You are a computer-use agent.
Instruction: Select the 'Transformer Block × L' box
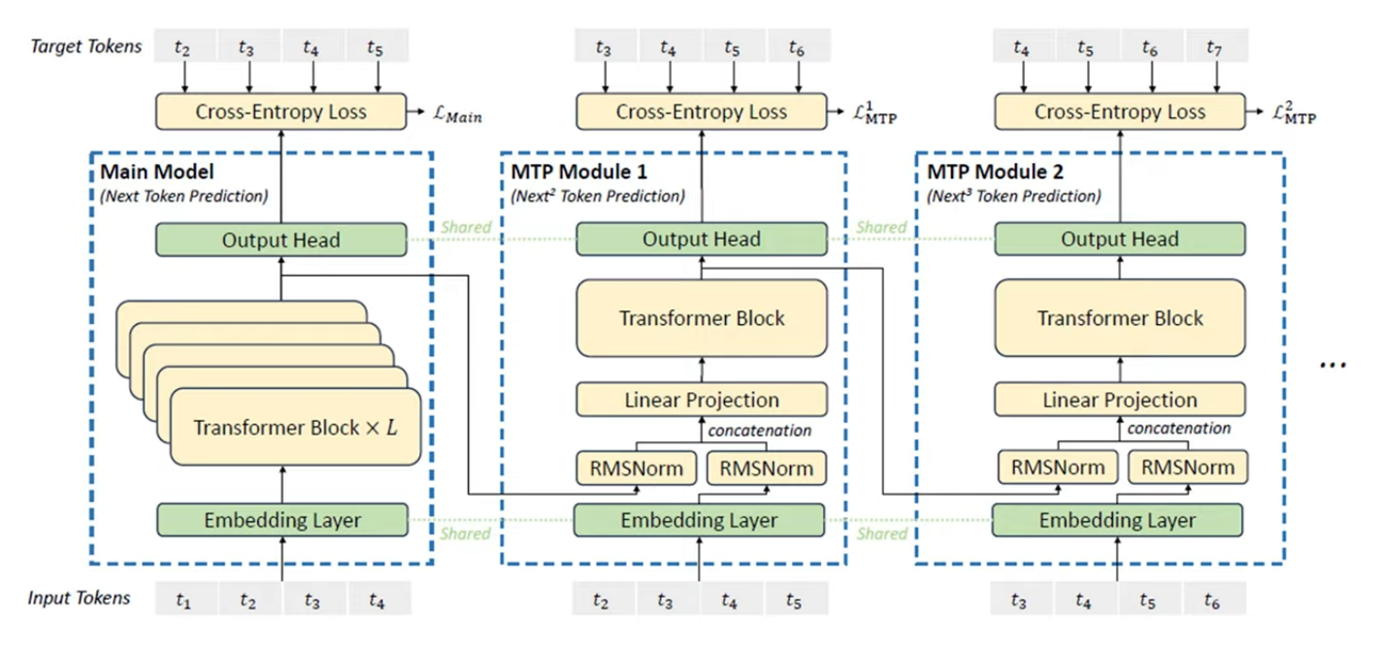(295, 427)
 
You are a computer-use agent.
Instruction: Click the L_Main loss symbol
(457, 114)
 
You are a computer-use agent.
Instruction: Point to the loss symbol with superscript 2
(1294, 114)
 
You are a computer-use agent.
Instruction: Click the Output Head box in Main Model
(281, 240)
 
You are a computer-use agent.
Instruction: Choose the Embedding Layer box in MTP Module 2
(1117, 520)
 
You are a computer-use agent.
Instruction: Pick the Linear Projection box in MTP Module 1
(702, 400)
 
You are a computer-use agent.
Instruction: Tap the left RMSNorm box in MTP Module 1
(637, 469)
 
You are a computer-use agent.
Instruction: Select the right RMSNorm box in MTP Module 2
(1188, 468)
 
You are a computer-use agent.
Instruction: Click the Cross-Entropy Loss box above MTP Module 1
(702, 112)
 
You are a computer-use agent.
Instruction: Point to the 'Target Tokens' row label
(85, 47)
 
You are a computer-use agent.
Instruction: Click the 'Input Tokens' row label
(79, 598)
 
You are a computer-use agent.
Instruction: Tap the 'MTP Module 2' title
(995, 172)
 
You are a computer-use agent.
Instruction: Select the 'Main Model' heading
(157, 172)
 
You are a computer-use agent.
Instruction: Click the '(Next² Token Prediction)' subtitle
(598, 196)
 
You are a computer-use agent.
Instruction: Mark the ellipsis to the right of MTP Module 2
(1332, 366)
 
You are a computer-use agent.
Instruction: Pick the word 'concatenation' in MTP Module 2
(1179, 429)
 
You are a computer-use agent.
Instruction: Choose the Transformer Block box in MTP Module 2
(1120, 318)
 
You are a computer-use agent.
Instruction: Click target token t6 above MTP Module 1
(797, 46)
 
